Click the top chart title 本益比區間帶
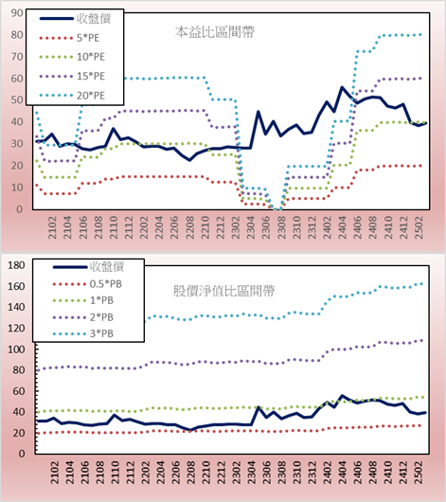click(x=215, y=32)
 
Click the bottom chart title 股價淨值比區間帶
click(x=223, y=291)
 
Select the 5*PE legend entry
click(x=69, y=38)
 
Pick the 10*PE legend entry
click(x=72, y=57)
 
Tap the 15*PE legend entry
click(x=72, y=76)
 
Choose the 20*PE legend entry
click(x=72, y=96)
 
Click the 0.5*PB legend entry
click(x=87, y=284)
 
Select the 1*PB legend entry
click(x=83, y=300)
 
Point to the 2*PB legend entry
click(x=83, y=317)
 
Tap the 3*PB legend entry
click(x=83, y=333)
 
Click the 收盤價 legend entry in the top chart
click(x=75, y=19)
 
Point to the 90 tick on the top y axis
click(x=17, y=13)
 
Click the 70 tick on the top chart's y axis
click(x=17, y=57)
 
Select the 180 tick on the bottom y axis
click(x=16, y=265)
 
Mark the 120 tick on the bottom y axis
click(x=16, y=328)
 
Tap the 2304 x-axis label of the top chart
click(x=251, y=227)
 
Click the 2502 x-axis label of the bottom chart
click(x=419, y=473)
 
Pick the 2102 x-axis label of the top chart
click(x=52, y=227)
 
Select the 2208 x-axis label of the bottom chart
click(x=190, y=473)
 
